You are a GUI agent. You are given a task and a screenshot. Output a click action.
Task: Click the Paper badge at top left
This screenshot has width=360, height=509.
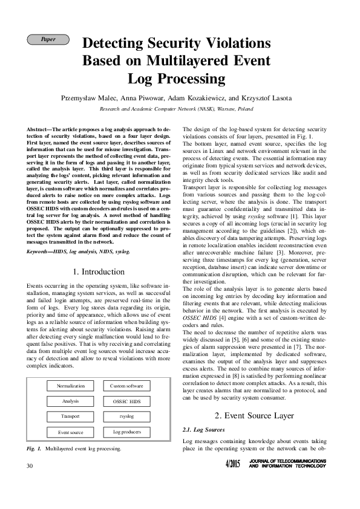click(48, 40)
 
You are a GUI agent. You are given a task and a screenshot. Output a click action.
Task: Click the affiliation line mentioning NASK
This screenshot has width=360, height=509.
click(176, 109)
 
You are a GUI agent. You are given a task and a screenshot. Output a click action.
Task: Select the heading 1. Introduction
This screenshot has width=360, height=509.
click(99, 271)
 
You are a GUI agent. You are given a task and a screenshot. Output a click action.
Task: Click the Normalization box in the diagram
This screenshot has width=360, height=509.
click(71, 369)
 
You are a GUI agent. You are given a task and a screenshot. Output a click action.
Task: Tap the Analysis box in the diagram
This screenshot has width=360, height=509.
click(71, 384)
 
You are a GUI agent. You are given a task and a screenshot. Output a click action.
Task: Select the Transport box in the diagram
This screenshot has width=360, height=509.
click(71, 400)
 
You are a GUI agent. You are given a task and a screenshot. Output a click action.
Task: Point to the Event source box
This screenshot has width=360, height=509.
click(71, 415)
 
